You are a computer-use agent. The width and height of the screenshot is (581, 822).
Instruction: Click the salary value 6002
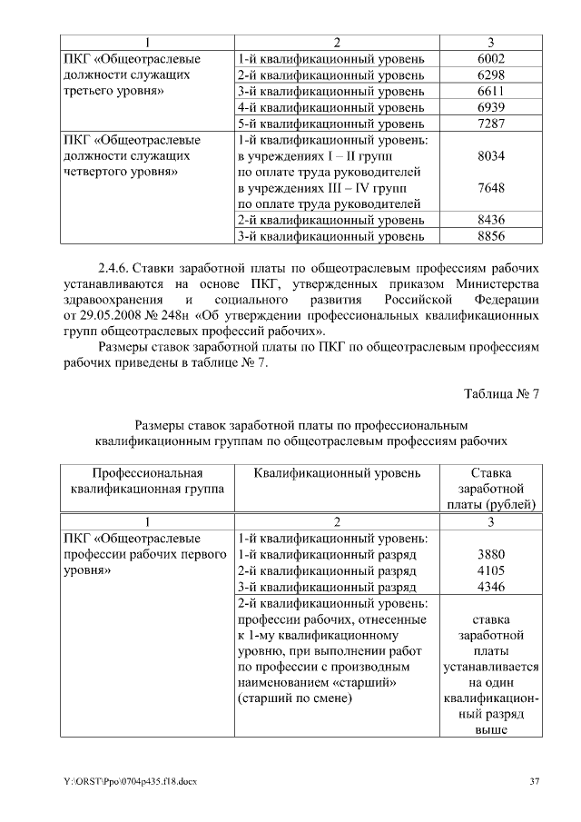click(490, 58)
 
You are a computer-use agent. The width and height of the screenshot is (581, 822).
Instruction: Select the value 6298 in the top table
click(490, 74)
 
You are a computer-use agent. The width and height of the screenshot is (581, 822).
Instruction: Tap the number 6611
click(490, 91)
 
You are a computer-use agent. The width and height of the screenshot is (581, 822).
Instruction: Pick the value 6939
click(490, 107)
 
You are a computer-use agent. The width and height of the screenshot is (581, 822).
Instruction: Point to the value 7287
click(490, 124)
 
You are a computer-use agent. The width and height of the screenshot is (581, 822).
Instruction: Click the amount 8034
click(490, 156)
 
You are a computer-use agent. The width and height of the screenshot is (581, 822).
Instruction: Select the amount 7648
click(490, 188)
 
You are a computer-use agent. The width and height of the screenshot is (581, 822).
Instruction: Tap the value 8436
click(490, 221)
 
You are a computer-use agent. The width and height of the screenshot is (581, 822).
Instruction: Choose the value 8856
click(490, 237)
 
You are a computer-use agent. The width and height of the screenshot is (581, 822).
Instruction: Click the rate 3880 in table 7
click(490, 555)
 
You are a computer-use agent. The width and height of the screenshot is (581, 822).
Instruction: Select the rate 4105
click(490, 571)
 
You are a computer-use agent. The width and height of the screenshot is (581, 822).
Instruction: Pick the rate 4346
click(490, 588)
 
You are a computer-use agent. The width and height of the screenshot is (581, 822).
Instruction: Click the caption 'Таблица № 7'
click(501, 394)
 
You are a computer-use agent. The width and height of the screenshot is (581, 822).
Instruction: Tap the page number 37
click(534, 782)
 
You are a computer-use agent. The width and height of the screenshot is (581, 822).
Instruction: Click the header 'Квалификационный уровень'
click(337, 473)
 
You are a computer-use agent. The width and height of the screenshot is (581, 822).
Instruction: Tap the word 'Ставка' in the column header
click(490, 473)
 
